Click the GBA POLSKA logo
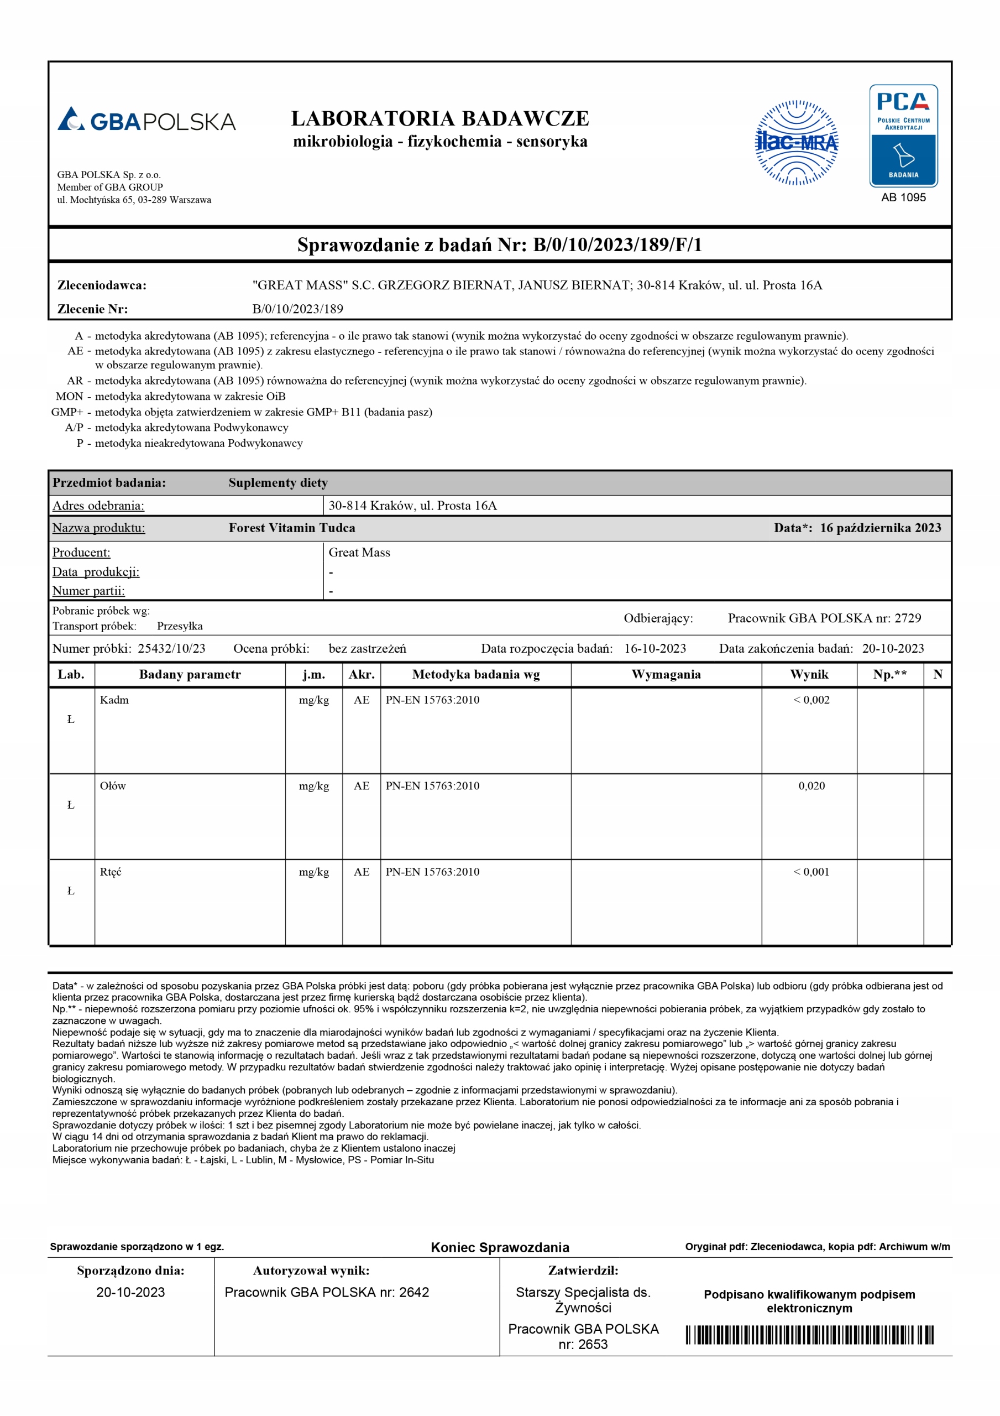[x=146, y=119]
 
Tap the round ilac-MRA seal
[x=797, y=143]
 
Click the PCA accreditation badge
[x=903, y=136]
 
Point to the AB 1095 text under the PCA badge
[x=903, y=197]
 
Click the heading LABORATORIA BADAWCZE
[x=439, y=118]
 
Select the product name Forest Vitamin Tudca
[x=292, y=528]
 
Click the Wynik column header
[x=809, y=674]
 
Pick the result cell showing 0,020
[x=811, y=785]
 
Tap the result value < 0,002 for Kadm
[x=811, y=700]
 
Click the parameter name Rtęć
[x=111, y=871]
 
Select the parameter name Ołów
[x=113, y=785]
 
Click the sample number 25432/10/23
[x=171, y=648]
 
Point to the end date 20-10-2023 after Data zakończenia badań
[x=893, y=648]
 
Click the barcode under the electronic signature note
[x=809, y=1335]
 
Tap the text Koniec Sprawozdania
[x=500, y=1248]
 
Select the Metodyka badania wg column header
[x=476, y=674]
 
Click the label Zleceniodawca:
[x=102, y=285]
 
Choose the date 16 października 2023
[x=880, y=528]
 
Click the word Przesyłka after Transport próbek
[x=180, y=626]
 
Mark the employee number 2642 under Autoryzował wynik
[x=413, y=1292]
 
